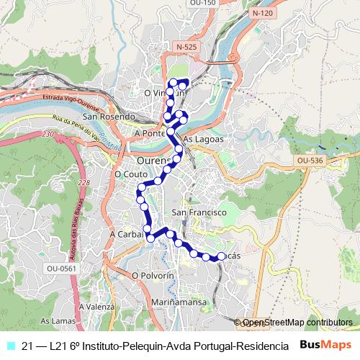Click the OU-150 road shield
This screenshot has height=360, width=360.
click(203, 3)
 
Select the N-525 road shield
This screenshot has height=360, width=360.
click(185, 47)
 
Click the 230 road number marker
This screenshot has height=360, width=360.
click(48, 135)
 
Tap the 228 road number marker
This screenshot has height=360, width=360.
click(85, 184)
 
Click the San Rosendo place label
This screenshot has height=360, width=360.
click(109, 117)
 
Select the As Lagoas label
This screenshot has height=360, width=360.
click(204, 139)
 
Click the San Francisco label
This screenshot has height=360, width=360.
click(199, 212)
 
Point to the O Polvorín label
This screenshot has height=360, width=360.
click(153, 276)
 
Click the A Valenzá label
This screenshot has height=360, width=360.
click(96, 307)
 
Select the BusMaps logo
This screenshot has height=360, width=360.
click(326, 346)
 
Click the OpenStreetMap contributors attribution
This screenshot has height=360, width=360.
click(297, 323)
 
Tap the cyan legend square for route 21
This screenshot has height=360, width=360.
click(9, 346)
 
